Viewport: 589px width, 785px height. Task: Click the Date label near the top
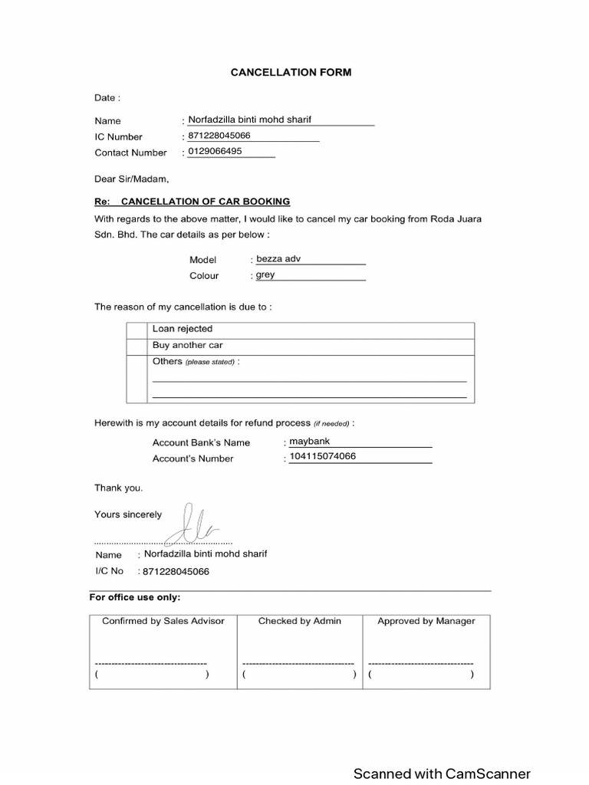(107, 98)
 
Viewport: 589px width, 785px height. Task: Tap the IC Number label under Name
(118, 136)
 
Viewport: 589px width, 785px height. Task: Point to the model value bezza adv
(278, 259)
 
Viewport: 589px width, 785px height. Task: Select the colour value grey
(265, 274)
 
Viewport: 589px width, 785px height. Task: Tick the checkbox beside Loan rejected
(137, 330)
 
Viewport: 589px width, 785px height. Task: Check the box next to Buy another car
(137, 346)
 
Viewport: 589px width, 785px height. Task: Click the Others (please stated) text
(196, 362)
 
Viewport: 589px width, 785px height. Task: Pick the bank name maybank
(309, 442)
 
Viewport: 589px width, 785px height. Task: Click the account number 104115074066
(322, 457)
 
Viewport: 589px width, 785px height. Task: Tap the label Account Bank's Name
(201, 442)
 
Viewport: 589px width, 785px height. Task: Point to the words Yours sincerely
(128, 514)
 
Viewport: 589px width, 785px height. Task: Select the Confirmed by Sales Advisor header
(163, 621)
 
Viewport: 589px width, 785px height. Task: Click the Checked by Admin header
(300, 621)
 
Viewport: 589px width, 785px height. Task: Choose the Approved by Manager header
(426, 621)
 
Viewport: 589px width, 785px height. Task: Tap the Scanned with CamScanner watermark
(442, 774)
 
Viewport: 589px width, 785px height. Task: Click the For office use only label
(135, 597)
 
